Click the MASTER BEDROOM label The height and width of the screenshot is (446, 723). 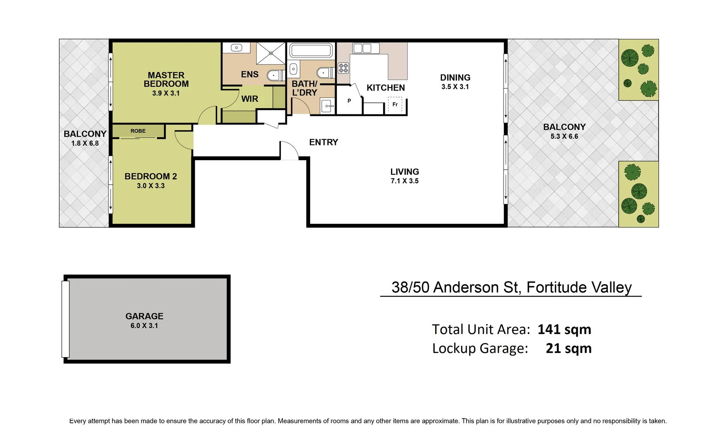pyautogui.click(x=166, y=79)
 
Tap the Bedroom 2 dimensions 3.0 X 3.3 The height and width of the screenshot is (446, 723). pyautogui.click(x=151, y=186)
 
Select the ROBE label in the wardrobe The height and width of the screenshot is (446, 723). pyautogui.click(x=138, y=131)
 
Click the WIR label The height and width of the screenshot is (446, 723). pyautogui.click(x=250, y=99)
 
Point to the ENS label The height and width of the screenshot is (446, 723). pyautogui.click(x=250, y=74)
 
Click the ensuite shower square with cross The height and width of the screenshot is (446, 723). pyautogui.click(x=271, y=53)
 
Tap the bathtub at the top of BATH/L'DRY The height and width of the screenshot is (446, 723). pyautogui.click(x=311, y=51)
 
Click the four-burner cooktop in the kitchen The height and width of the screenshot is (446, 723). pyautogui.click(x=343, y=68)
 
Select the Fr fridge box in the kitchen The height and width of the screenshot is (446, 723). pyautogui.click(x=395, y=104)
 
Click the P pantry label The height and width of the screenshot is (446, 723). pyautogui.click(x=349, y=101)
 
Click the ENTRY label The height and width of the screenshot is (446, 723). pyautogui.click(x=323, y=142)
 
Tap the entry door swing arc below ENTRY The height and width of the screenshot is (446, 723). pyautogui.click(x=289, y=150)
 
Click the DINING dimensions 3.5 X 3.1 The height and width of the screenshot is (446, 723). pyautogui.click(x=455, y=87)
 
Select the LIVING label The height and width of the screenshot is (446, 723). pyautogui.click(x=405, y=171)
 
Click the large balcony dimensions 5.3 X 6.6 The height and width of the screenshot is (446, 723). pyautogui.click(x=564, y=136)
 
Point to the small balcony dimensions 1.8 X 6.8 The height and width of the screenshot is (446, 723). pyautogui.click(x=85, y=143)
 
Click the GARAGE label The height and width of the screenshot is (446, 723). pyautogui.click(x=144, y=316)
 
